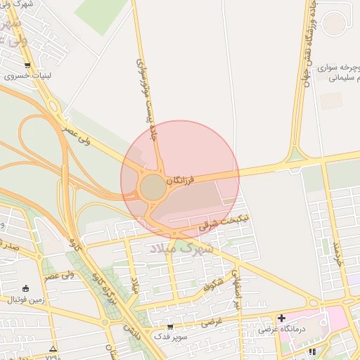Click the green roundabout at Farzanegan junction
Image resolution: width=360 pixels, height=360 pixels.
(152, 188)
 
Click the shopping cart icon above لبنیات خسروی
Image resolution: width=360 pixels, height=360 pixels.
(27, 65)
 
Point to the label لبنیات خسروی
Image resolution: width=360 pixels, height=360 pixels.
(27, 76)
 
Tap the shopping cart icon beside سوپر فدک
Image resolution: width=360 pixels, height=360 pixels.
(170, 327)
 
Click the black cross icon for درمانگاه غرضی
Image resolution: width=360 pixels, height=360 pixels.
(281, 318)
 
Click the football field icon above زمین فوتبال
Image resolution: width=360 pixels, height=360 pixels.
(26, 288)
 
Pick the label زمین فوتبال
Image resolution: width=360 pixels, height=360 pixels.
(25, 300)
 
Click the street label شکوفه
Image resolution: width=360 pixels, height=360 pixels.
(213, 283)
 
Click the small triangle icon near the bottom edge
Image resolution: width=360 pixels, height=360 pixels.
(53, 349)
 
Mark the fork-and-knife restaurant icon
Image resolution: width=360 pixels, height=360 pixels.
(312, 352)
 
